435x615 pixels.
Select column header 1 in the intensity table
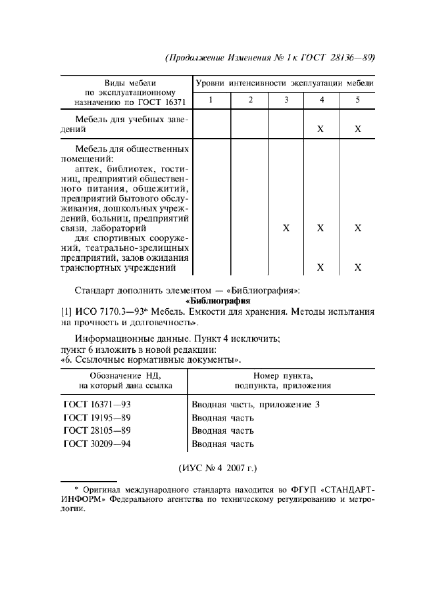click(x=211, y=100)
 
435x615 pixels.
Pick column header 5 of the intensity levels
click(x=357, y=100)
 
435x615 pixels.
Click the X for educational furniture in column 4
click(x=320, y=129)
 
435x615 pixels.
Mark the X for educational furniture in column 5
click(x=358, y=129)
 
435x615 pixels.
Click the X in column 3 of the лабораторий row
click(x=286, y=228)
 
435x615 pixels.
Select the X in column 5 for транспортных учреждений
click(x=358, y=267)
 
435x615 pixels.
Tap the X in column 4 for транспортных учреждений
click(x=320, y=267)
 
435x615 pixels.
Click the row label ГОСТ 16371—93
click(x=96, y=405)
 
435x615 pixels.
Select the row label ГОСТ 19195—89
click(x=96, y=418)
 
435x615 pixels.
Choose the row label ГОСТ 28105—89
click(x=96, y=431)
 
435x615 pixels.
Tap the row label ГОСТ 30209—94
click(x=96, y=444)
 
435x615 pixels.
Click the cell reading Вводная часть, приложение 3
click(x=255, y=405)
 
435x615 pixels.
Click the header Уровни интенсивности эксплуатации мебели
click(x=285, y=83)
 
